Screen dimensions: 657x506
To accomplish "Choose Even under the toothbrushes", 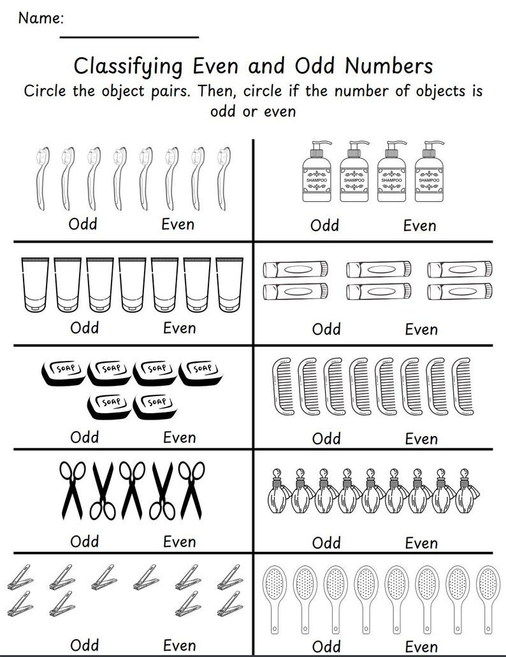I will tap(178, 224).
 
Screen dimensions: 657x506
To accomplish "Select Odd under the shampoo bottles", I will tap(324, 225).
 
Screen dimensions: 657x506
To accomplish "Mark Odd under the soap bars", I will tap(85, 437).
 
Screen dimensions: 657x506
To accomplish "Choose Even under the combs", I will tap(421, 439).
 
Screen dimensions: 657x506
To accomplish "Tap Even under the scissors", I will tap(179, 541).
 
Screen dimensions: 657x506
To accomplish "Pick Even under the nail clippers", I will tap(179, 645).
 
